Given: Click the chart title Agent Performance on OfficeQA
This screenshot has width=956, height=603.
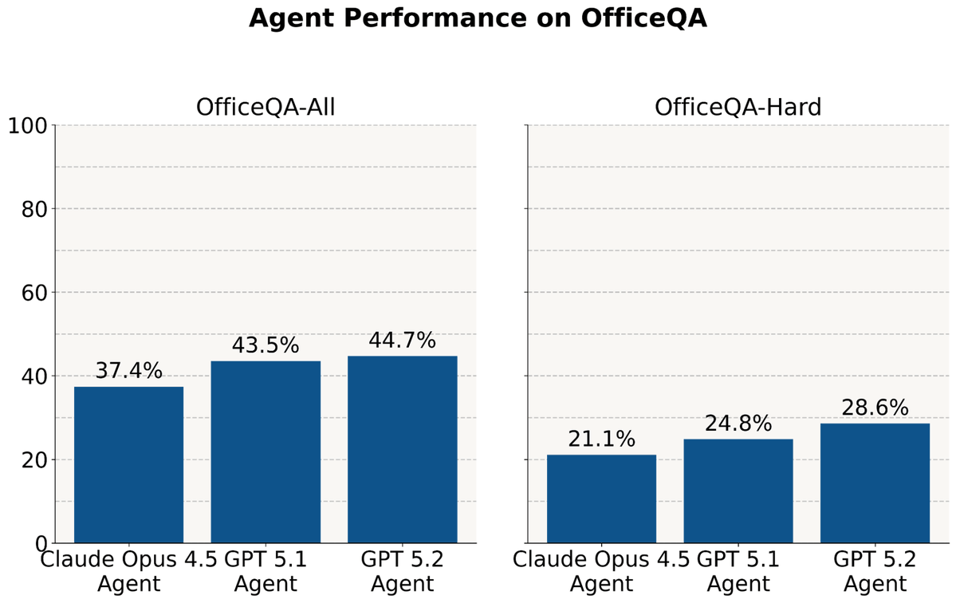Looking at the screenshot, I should pos(478,18).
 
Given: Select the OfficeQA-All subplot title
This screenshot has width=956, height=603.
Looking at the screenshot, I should pos(265,107).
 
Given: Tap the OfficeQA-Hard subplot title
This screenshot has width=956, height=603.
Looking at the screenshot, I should pos(738,107).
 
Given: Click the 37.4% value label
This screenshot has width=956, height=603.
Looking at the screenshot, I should pos(128,371).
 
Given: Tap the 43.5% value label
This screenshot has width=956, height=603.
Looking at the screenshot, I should pos(266,345).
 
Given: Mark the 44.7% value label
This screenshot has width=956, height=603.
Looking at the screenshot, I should pos(402,341).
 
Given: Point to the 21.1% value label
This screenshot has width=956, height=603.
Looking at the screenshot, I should pos(601,439).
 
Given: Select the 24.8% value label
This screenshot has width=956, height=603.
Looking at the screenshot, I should pos(738,424).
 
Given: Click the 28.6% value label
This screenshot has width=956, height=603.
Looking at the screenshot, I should pos(875,408).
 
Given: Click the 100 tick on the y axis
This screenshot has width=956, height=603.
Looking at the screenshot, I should pos(27,125).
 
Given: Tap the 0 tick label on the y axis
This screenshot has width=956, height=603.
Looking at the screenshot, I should pos(41,544).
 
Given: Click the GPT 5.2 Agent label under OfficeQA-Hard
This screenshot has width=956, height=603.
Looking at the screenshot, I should pos(875,571).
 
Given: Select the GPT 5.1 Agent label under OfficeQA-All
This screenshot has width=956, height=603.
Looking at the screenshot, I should pos(266,571).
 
